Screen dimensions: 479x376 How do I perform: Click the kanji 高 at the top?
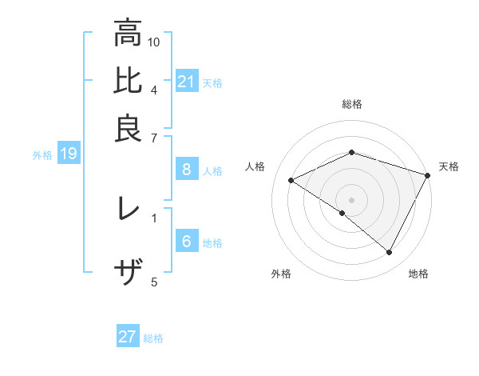(x=128, y=34)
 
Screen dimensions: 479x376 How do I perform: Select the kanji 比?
(x=128, y=82)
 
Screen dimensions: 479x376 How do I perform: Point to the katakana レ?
(x=128, y=209)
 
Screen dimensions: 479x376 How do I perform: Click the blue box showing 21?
(x=187, y=82)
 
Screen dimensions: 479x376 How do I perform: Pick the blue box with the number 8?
(x=187, y=170)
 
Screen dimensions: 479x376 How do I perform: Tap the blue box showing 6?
(x=187, y=242)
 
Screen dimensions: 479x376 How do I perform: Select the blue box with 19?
(x=68, y=154)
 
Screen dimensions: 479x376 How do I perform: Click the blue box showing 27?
(x=128, y=337)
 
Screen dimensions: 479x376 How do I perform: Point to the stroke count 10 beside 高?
(x=154, y=42)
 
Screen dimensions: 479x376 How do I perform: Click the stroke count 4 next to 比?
(x=154, y=89)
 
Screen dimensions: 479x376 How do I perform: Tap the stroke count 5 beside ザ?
(x=154, y=281)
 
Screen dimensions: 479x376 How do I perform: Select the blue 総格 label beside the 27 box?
(x=153, y=338)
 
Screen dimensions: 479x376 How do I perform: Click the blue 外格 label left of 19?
(x=42, y=155)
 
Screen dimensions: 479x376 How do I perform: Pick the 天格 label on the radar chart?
(x=449, y=166)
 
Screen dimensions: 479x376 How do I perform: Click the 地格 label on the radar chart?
(x=418, y=274)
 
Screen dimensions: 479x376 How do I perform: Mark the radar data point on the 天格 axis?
(x=428, y=175)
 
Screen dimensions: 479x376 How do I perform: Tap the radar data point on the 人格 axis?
(x=291, y=181)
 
